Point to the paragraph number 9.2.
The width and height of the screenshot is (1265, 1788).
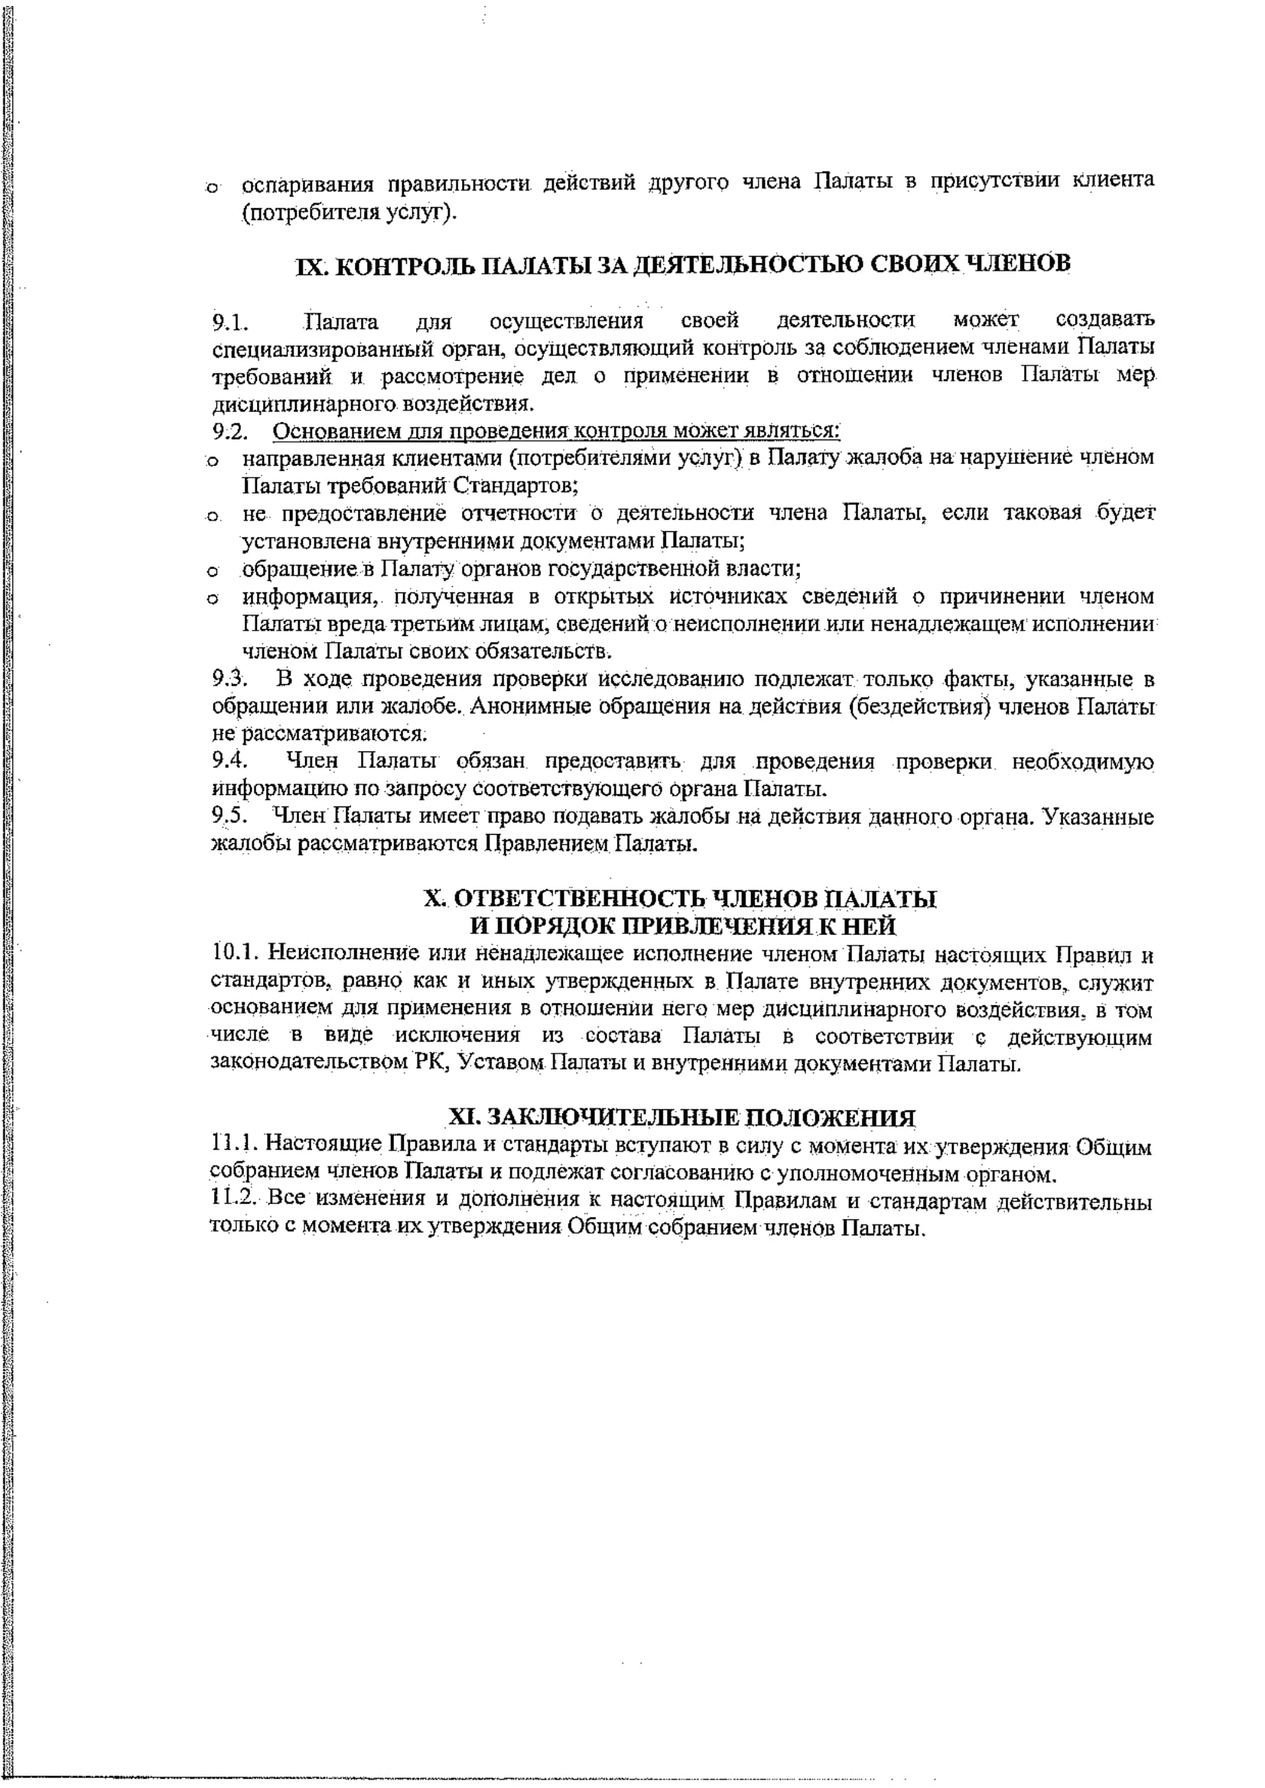pyautogui.click(x=229, y=430)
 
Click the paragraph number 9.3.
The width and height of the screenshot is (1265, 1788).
pyautogui.click(x=229, y=679)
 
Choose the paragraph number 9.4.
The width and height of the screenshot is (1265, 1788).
pyautogui.click(x=229, y=761)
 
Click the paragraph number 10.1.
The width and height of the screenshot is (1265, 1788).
pyautogui.click(x=236, y=954)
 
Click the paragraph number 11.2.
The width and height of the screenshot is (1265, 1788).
pyautogui.click(x=236, y=1199)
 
